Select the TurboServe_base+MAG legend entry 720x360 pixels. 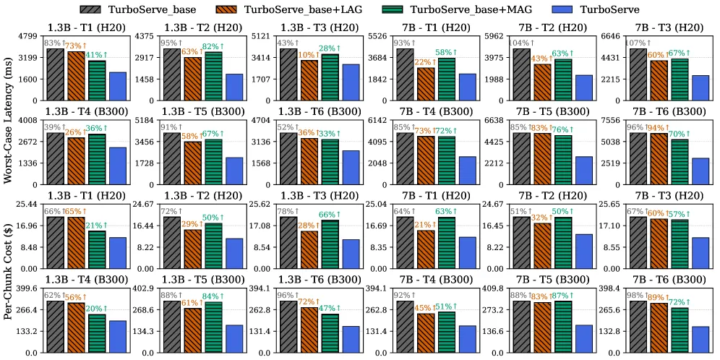(436, 9)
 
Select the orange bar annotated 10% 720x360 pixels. (309, 80)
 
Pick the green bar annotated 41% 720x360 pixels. (97, 80)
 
